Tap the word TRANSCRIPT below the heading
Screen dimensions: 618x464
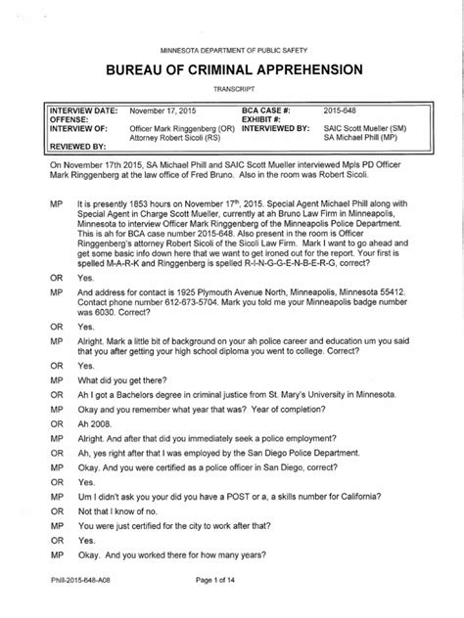click(x=232, y=89)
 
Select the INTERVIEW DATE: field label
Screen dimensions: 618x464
click(x=82, y=112)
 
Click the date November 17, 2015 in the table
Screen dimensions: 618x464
click(x=162, y=112)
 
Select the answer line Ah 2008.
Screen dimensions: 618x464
click(x=92, y=424)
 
